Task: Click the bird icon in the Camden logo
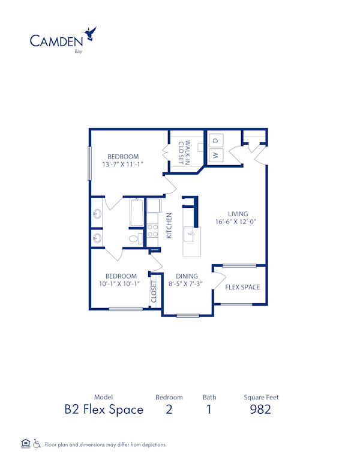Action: point(91,33)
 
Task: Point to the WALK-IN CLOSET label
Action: point(184,153)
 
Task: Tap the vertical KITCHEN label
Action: point(169,225)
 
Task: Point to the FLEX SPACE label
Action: point(242,287)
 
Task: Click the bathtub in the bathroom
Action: point(137,213)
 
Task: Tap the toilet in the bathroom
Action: point(134,238)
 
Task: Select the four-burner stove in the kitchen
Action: point(152,231)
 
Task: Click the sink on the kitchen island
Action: point(190,232)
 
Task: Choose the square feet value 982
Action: point(260,410)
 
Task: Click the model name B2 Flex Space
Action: point(104,410)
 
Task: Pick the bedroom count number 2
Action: point(169,410)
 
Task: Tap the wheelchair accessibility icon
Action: point(37,444)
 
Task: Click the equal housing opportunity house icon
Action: point(25,444)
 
